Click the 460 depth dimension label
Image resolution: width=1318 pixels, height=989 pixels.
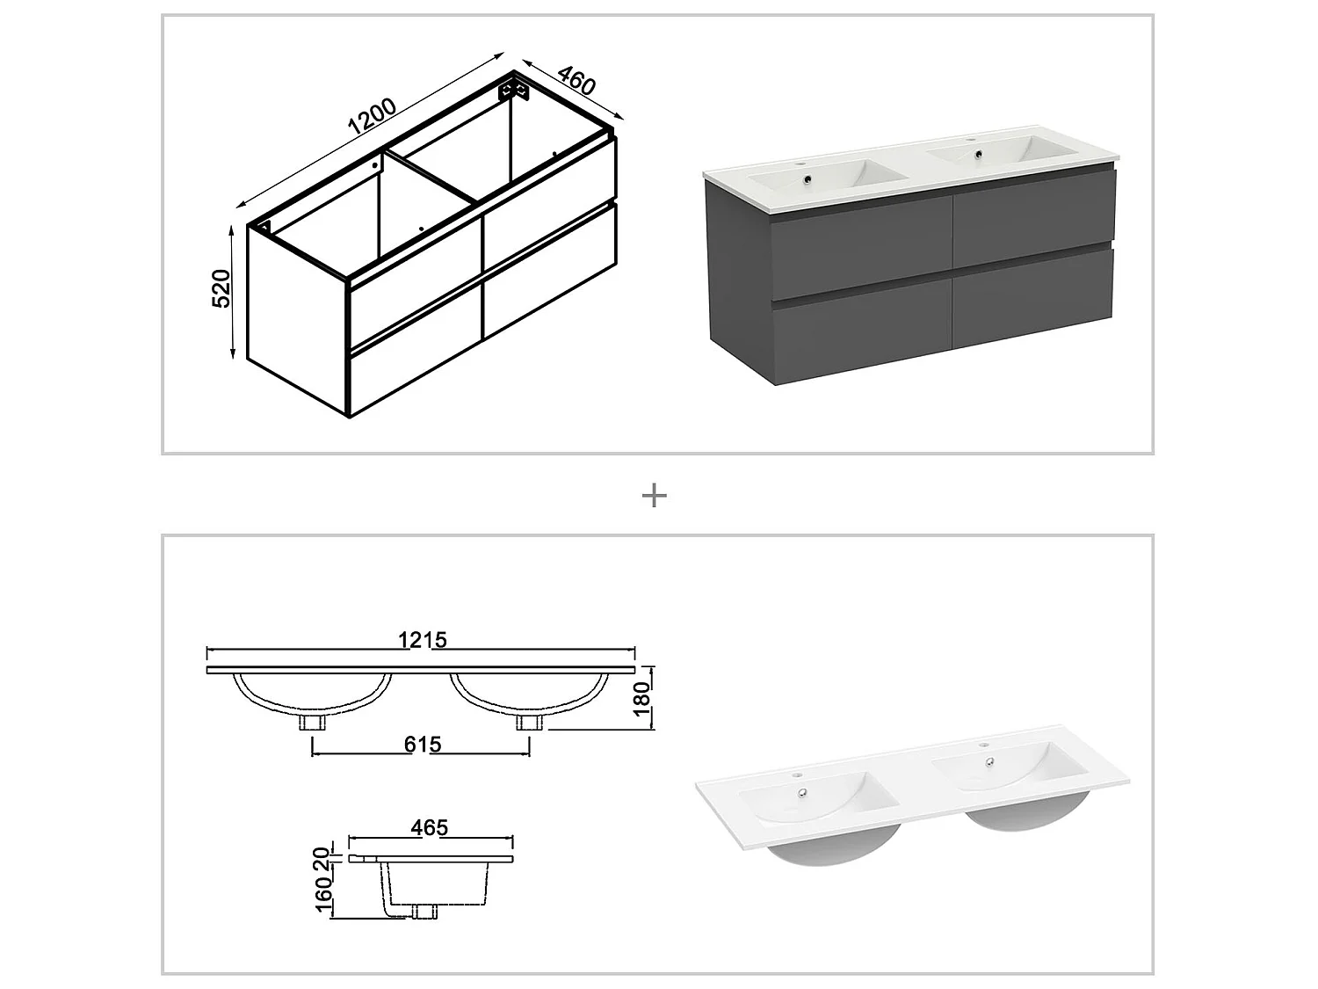(x=576, y=80)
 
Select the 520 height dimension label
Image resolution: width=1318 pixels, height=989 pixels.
(x=221, y=288)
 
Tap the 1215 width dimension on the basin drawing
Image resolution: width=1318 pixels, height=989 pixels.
(x=424, y=640)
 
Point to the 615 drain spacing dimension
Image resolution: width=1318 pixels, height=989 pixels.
(x=423, y=745)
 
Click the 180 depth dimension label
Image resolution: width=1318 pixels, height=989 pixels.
(x=643, y=700)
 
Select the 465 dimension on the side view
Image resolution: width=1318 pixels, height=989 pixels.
(x=429, y=827)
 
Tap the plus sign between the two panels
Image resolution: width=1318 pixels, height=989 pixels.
(x=655, y=496)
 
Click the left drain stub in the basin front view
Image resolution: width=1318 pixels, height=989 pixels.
(x=313, y=723)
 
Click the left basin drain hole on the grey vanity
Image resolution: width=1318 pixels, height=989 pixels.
(x=806, y=182)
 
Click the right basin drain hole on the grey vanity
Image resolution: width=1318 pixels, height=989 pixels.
(x=975, y=156)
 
